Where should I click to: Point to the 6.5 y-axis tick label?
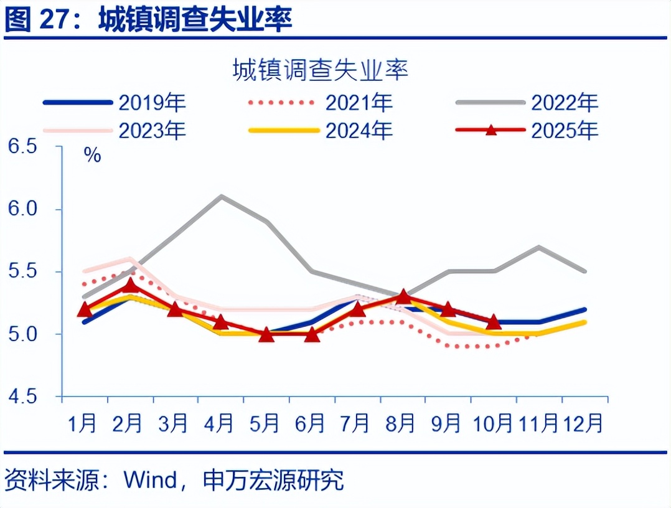click(23, 147)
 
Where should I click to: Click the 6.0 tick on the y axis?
click(23, 209)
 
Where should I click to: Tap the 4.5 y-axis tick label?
click(23, 397)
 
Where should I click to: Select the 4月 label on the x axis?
click(219, 423)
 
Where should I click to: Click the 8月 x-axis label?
click(401, 423)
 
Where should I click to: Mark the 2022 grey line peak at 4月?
click(221, 196)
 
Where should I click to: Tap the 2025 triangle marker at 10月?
click(494, 322)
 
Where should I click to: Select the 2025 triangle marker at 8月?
click(403, 296)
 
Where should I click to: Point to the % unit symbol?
click(92, 155)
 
